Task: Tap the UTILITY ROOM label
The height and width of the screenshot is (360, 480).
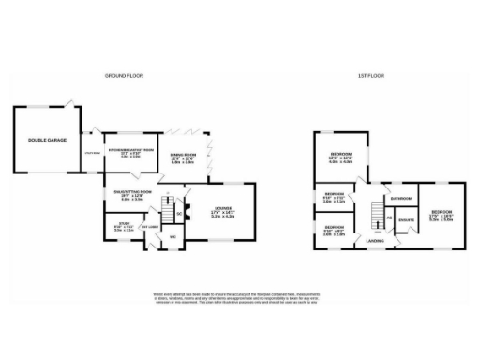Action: (x=92, y=152)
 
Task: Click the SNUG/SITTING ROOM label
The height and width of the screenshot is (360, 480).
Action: (x=131, y=195)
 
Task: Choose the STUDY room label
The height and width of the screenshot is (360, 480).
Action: (x=124, y=226)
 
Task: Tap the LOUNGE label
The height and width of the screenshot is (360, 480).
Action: (x=221, y=211)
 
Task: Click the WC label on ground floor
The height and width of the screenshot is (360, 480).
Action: (x=172, y=236)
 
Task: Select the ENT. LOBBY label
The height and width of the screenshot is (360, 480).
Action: (x=149, y=226)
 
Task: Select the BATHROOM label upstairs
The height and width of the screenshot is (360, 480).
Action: (x=401, y=199)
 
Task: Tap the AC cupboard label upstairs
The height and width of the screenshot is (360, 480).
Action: (x=389, y=218)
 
